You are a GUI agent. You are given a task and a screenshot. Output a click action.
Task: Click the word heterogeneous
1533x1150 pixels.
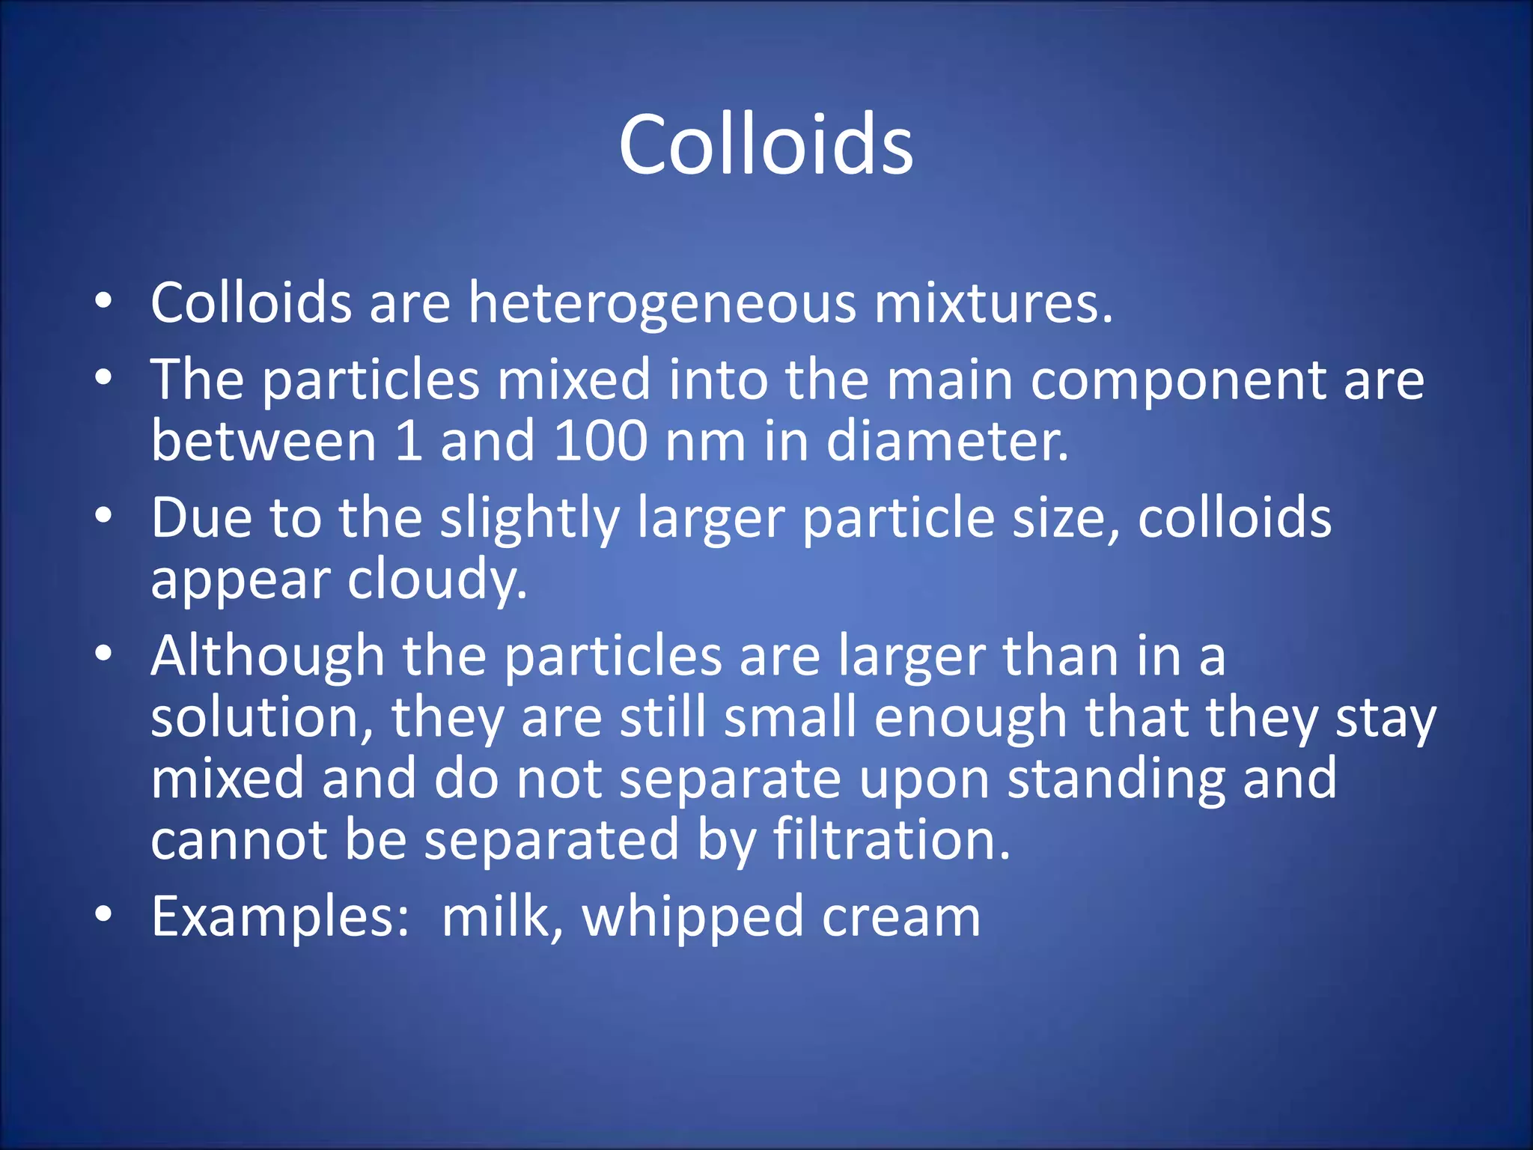point(662,303)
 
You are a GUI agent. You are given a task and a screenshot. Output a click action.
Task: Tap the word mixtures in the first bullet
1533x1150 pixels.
point(993,303)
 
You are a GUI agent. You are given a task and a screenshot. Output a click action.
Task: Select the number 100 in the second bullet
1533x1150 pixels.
point(600,440)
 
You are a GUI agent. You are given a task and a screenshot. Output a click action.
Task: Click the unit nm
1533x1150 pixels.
point(705,442)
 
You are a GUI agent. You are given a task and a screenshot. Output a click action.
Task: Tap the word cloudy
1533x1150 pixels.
point(437,579)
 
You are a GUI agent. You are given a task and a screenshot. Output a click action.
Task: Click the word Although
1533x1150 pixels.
point(268,656)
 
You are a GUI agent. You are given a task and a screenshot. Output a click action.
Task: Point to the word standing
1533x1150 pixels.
point(1115,779)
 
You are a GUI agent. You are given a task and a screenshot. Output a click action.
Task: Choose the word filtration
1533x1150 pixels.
point(891,839)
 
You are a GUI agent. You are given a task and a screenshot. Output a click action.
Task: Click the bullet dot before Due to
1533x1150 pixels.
point(103,516)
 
